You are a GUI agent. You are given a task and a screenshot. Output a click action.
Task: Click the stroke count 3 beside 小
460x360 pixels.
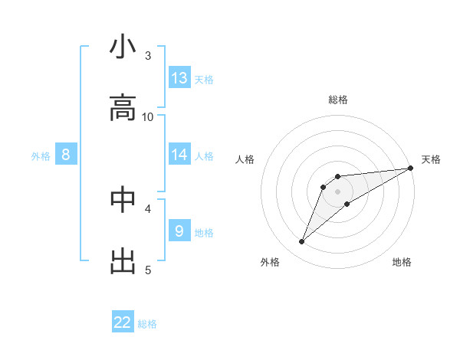[x=148, y=55]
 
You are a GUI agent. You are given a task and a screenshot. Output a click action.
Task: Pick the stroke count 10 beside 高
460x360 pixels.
[x=148, y=116]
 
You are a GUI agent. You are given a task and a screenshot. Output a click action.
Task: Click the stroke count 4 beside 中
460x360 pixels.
[x=148, y=208]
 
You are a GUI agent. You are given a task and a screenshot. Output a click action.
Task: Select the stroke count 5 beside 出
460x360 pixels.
[x=148, y=269]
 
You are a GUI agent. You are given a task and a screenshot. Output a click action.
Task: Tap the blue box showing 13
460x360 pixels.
[x=179, y=78]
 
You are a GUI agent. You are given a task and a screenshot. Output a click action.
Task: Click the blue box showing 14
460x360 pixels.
[x=179, y=155]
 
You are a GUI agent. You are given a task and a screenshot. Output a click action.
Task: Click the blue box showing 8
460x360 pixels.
[x=66, y=155]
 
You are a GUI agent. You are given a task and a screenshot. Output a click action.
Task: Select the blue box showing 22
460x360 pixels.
[x=123, y=322]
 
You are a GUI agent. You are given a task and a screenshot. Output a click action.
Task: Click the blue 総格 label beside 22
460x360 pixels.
[x=147, y=324]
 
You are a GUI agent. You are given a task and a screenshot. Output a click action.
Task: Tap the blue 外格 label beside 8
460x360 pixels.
[x=41, y=156]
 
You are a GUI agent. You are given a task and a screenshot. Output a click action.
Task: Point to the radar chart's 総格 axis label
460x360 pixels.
[x=338, y=100]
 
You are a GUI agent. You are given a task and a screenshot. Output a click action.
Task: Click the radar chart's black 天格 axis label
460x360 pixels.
[x=431, y=159]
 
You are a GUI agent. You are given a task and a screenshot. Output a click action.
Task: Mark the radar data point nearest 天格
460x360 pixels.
[x=410, y=168]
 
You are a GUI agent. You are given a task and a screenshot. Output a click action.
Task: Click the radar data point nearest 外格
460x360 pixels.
[x=302, y=242]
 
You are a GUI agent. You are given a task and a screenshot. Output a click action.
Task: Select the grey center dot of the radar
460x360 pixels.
[x=337, y=191]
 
